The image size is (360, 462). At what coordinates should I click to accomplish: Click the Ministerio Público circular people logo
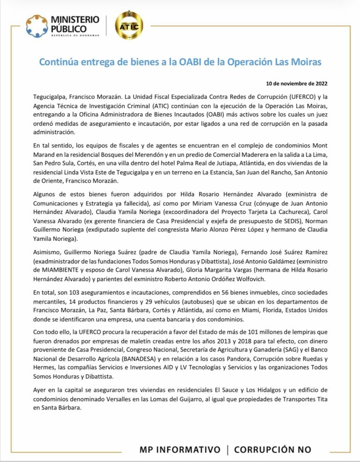tap(37, 26)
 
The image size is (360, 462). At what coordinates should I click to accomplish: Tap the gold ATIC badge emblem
tap(128, 25)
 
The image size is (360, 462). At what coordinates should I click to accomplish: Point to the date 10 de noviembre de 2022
tap(297, 84)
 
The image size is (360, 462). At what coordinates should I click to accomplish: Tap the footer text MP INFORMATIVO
tap(180, 449)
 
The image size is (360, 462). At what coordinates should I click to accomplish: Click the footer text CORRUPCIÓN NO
tap(272, 449)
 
